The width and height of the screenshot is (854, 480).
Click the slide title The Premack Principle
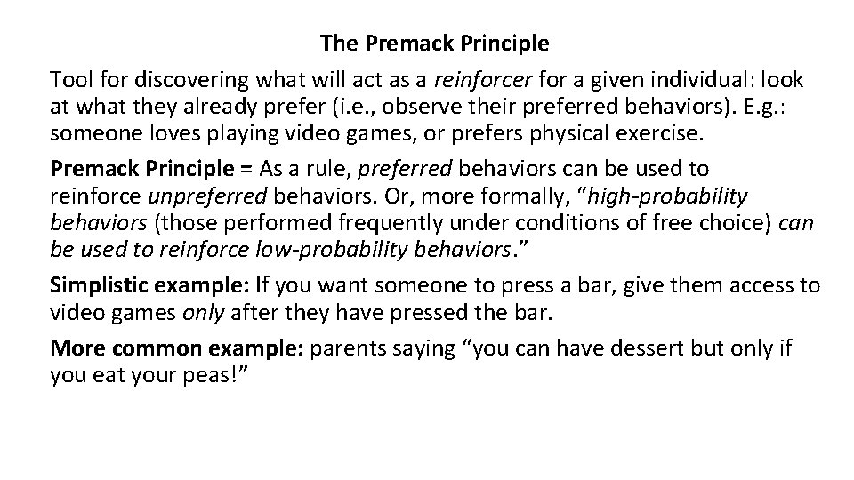point(434,42)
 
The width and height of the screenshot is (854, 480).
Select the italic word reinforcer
point(481,80)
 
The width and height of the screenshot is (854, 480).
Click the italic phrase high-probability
point(667,196)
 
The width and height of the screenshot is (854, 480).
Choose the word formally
point(501,196)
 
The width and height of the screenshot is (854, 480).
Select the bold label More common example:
point(178,349)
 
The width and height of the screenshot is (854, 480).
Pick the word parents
point(349,349)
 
